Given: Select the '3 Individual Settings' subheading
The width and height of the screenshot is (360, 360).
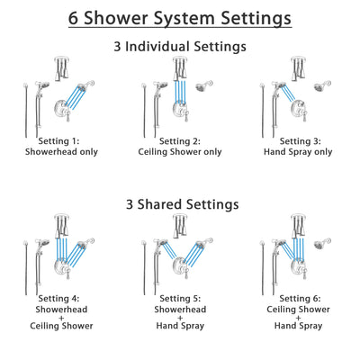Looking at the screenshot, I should click(x=180, y=45).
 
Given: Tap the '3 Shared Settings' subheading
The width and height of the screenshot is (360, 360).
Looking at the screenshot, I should click(x=180, y=204).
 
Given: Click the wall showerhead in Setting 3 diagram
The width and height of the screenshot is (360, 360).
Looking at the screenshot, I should click(x=321, y=87).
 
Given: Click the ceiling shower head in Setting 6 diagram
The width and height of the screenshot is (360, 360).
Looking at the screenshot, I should click(x=295, y=225).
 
